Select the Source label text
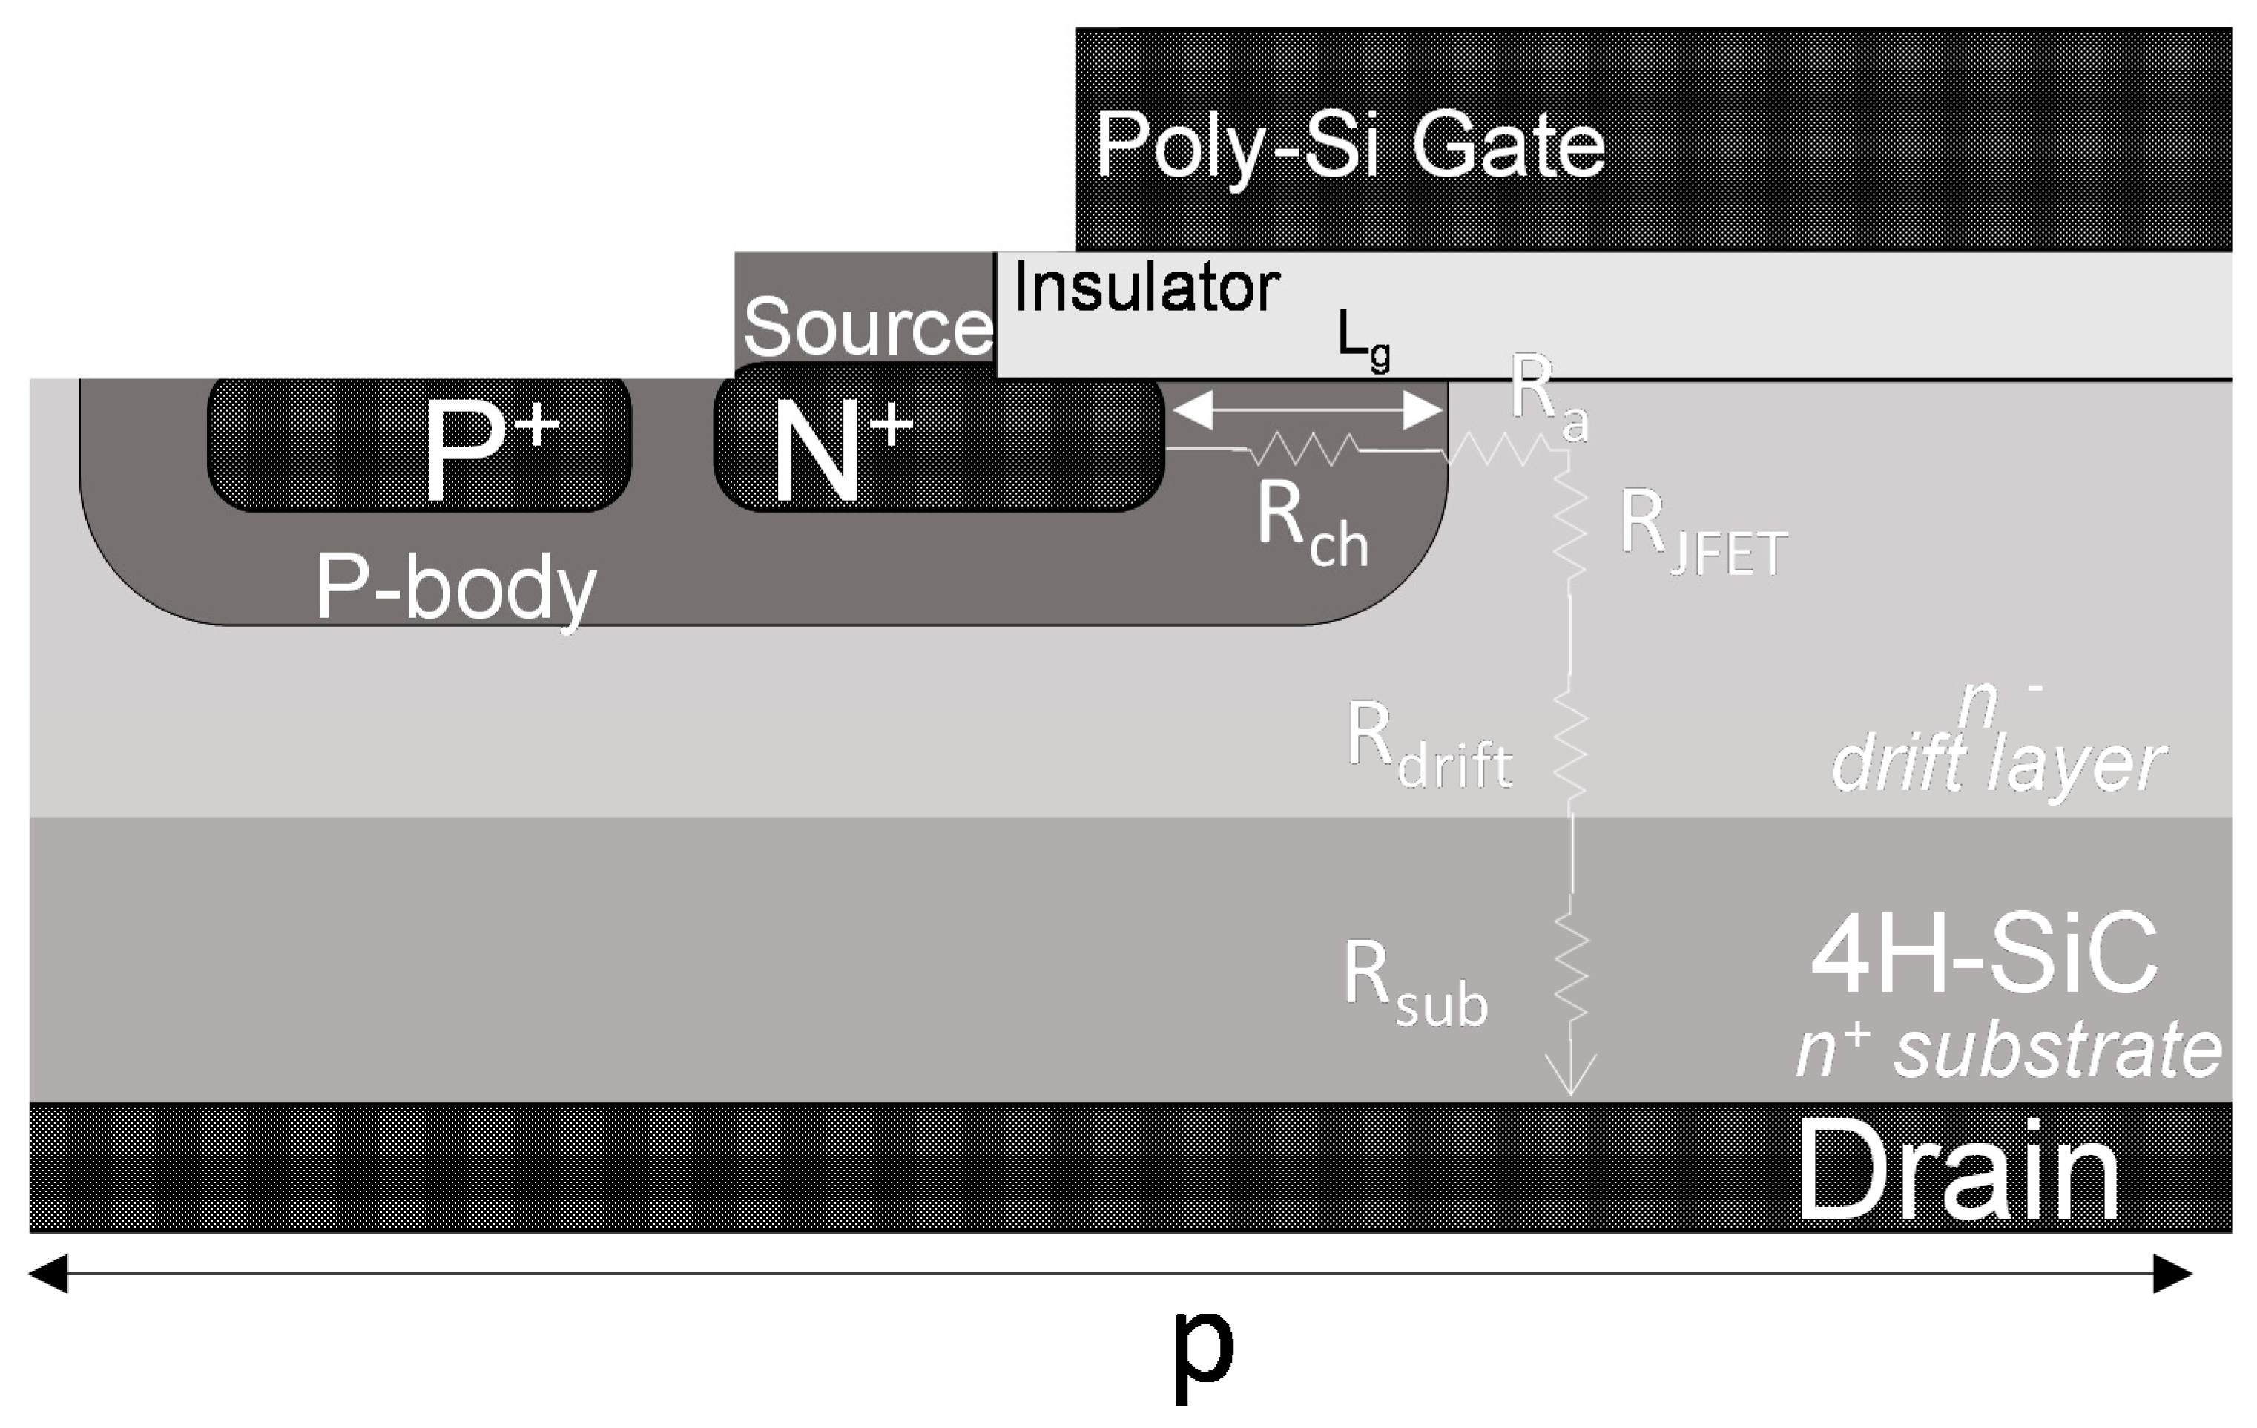867,327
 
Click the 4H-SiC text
1986,955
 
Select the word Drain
1959,1171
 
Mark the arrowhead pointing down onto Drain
1571,1079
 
